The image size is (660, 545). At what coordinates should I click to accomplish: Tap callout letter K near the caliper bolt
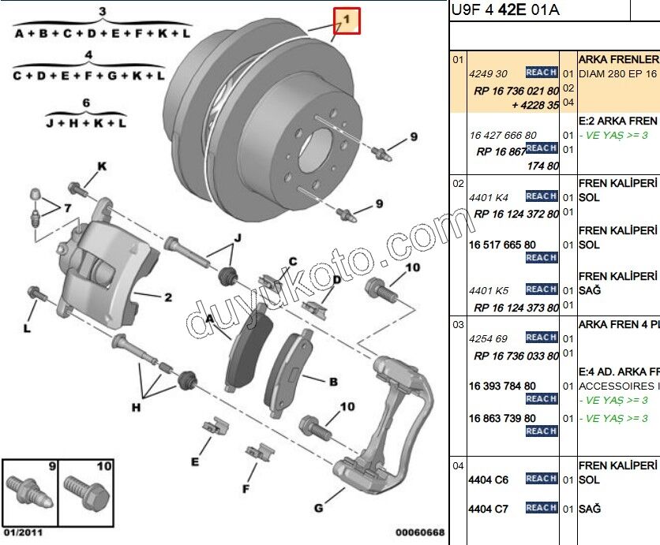[102, 166]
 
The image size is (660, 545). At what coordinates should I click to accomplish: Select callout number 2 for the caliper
[167, 297]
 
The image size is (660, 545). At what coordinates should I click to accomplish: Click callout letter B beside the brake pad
[333, 382]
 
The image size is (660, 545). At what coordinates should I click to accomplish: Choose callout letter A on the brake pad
[210, 319]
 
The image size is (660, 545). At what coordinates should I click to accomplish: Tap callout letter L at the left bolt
[27, 327]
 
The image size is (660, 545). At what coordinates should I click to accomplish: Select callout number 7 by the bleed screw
[67, 208]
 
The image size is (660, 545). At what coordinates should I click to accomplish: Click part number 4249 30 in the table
[489, 73]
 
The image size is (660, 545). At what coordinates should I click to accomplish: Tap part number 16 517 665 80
[502, 245]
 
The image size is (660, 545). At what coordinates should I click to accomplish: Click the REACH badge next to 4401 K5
[542, 289]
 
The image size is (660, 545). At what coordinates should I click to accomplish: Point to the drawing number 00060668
[420, 532]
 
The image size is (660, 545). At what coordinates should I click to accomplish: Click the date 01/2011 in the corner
[22, 532]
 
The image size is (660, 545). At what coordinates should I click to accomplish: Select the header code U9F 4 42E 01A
[505, 10]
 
